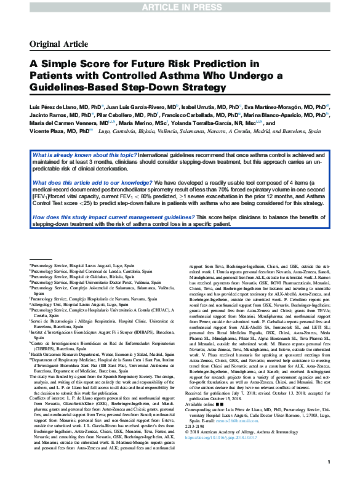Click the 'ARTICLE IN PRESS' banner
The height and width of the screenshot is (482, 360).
[x=180, y=7]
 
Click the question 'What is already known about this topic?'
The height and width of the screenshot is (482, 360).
[x=84, y=155]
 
